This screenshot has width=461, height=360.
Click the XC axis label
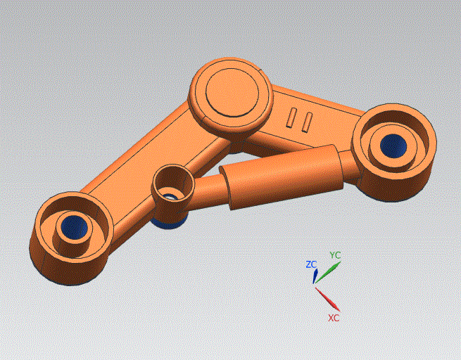pos(334,318)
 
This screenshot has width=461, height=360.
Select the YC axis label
pos(336,255)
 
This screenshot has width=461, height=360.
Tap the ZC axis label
pos(311,264)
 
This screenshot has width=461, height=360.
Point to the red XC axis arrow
pos(327,300)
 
